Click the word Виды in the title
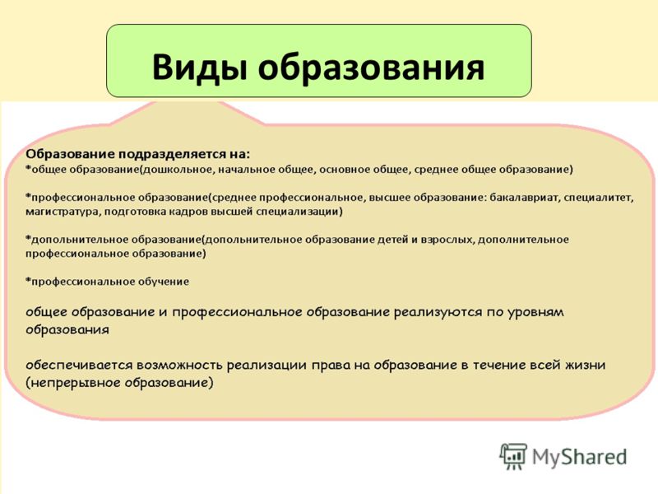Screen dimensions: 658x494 coord(199,68)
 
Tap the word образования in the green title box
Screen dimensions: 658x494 coord(372,67)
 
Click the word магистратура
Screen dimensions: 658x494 coord(62,212)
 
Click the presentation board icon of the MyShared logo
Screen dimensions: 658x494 coord(512,456)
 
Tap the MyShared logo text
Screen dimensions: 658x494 coord(579,457)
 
